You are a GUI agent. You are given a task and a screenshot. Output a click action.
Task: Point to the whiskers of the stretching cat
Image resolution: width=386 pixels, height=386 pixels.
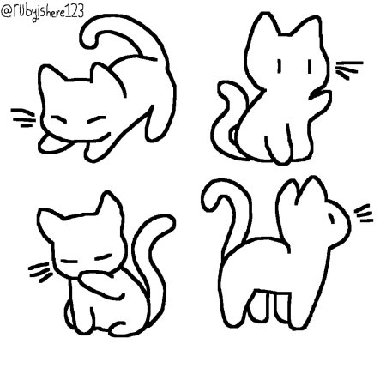pos(25,113)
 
